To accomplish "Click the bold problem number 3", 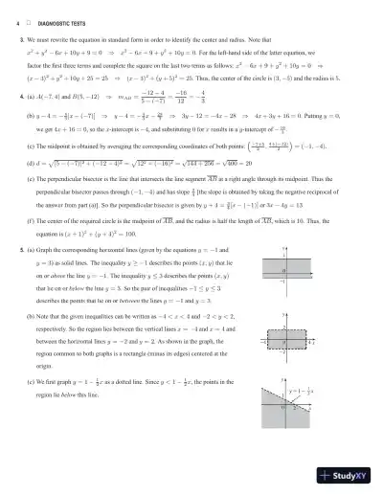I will point(21,39).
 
